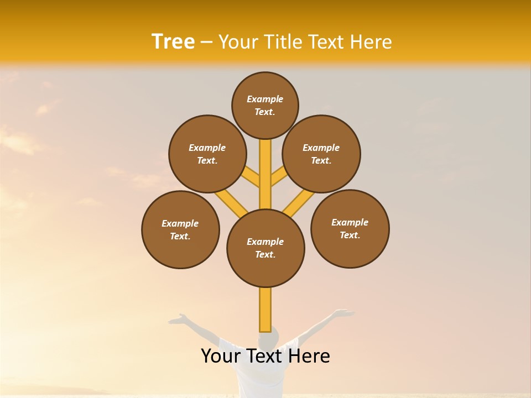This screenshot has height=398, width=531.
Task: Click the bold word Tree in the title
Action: [173, 41]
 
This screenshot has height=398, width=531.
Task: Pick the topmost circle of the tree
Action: [265, 105]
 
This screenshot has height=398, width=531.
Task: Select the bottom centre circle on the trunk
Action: [265, 248]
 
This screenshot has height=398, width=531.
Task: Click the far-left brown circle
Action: [180, 230]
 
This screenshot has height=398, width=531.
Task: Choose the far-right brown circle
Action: [350, 228]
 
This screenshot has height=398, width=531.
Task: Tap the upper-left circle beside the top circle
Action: [207, 154]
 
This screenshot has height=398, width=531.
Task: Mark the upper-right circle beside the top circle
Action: [321, 154]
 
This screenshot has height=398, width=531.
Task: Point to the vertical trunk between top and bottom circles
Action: [265, 174]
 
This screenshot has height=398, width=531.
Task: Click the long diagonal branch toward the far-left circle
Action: [230, 202]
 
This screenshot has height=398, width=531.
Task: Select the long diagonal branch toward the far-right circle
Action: [299, 202]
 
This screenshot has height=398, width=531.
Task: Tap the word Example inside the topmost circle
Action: [265, 99]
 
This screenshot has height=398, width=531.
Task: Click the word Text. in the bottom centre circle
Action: [265, 254]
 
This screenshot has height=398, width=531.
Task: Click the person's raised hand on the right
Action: [344, 313]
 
